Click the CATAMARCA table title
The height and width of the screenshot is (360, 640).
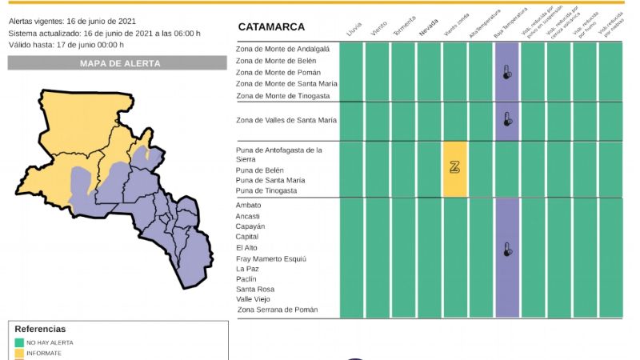coord(271,27)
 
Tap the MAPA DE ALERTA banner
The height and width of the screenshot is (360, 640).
coord(119,63)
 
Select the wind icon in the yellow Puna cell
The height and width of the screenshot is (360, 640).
coord(455,167)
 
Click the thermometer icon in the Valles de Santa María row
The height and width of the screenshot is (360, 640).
coord(507,120)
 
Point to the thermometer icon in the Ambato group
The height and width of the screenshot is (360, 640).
coord(507,249)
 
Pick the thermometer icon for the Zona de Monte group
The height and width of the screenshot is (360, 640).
coord(507,72)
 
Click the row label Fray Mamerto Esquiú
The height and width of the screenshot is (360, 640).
coord(270,259)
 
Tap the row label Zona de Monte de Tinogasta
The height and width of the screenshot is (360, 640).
coord(283,96)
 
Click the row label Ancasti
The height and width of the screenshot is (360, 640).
coord(249,216)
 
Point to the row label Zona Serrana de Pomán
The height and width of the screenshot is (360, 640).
coord(277,310)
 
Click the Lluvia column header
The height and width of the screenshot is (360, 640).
coord(353,30)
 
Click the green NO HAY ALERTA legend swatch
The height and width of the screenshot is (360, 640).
coord(18,342)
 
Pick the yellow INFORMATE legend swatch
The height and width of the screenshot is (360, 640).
coord(18,353)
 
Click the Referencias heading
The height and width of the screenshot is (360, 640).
coord(40,329)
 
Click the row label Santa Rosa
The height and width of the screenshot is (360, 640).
coord(255,289)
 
